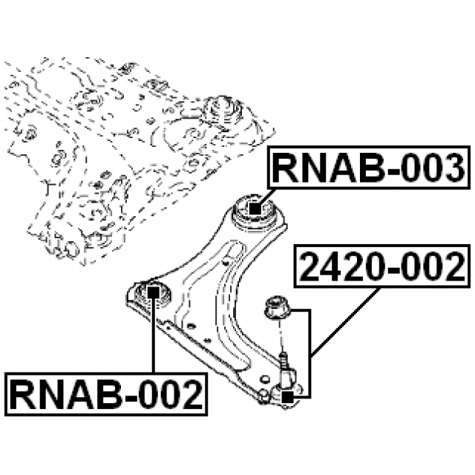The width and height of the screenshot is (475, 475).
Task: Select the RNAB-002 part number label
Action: click(106, 394)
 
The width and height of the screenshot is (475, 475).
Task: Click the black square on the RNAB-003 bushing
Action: click(255, 209)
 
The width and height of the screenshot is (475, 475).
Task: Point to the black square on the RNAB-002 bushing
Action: click(153, 290)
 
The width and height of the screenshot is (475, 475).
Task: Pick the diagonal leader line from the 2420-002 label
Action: click(346, 319)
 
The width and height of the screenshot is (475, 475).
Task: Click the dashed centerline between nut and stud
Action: click(282, 338)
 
